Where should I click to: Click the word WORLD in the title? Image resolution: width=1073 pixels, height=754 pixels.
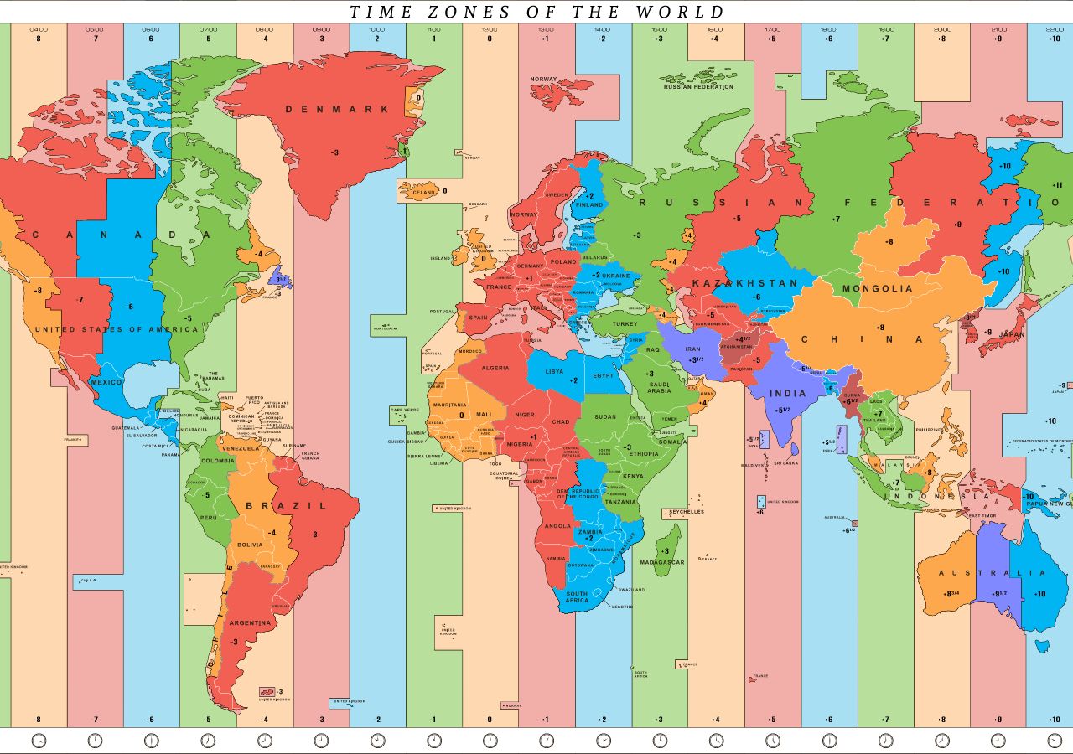coord(680,12)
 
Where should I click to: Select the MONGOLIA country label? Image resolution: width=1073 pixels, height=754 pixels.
coord(877,288)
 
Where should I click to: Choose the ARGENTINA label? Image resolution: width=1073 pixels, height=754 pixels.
coord(250,622)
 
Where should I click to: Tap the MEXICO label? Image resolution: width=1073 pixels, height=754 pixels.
coord(106,382)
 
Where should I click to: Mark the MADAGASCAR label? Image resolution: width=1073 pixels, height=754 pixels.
coord(661,562)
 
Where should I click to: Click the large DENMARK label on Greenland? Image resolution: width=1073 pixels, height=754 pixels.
coord(337,109)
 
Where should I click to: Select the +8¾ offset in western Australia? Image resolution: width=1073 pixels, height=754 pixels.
coord(953,594)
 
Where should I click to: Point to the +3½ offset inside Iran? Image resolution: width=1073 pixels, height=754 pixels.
coord(695,360)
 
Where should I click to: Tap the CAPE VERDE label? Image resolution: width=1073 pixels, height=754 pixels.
coord(404,410)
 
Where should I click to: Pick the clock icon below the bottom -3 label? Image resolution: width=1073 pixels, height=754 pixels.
coord(321,741)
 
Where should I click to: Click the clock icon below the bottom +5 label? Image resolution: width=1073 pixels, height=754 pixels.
coord(773,741)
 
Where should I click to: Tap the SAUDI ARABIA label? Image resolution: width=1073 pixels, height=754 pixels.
coord(659,386)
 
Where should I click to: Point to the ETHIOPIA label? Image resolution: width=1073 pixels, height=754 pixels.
coord(644,453)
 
